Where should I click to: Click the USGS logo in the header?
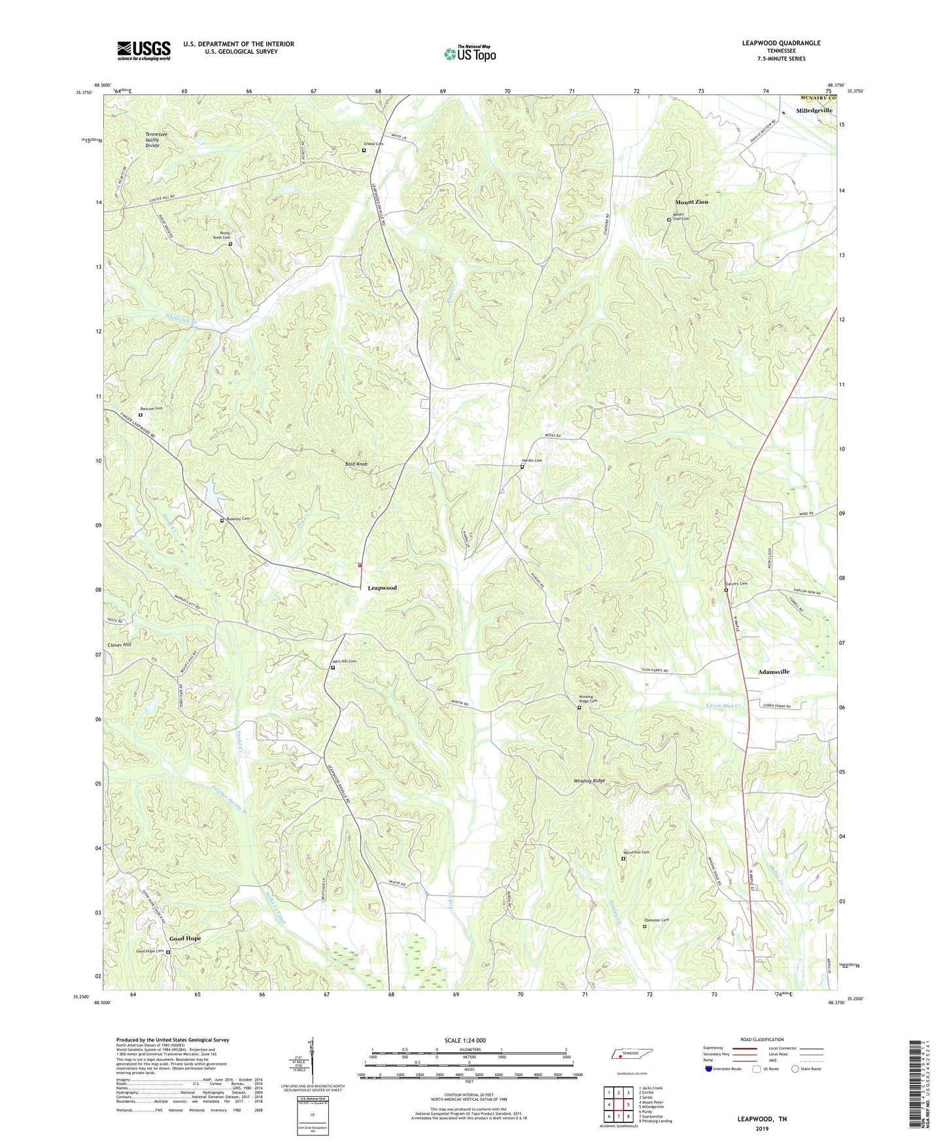(143, 50)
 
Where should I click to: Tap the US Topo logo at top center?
(470, 53)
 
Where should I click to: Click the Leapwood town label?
(382, 588)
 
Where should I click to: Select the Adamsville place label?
(774, 672)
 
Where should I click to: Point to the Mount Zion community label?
(691, 202)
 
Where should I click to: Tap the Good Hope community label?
(185, 939)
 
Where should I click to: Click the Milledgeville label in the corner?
(814, 111)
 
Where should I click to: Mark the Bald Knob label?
(356, 464)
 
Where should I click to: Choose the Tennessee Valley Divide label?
(156, 140)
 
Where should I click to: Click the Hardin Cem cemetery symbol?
(522, 467)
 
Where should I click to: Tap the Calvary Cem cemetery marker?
(726, 590)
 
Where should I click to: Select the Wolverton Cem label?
(636, 852)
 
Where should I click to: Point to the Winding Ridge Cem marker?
(579, 708)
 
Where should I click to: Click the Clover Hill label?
(120, 645)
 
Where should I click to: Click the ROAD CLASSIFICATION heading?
(761, 1039)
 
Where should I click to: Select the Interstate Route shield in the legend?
(710, 1069)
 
